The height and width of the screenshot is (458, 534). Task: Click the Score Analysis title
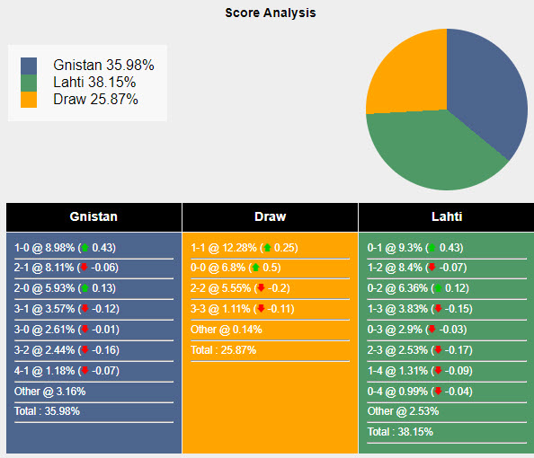tap(270, 13)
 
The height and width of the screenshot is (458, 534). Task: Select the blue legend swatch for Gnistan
tap(30, 66)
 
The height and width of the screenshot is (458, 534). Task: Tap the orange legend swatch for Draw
tap(30, 100)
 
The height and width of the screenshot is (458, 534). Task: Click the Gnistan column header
tap(93, 216)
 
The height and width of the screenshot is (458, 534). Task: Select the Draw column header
tap(270, 216)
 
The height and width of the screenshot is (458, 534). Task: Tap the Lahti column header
tap(446, 216)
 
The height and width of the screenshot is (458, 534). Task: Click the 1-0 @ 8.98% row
tap(65, 248)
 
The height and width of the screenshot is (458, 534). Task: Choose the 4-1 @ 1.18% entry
tap(65, 370)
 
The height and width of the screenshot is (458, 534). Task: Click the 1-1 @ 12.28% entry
tap(244, 248)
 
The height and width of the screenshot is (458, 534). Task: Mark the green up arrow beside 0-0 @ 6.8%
tap(255, 268)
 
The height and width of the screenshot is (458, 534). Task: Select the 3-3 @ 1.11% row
tap(244, 309)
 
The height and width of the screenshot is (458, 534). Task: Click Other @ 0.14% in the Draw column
tap(226, 330)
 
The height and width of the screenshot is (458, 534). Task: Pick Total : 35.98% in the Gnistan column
tap(47, 410)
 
